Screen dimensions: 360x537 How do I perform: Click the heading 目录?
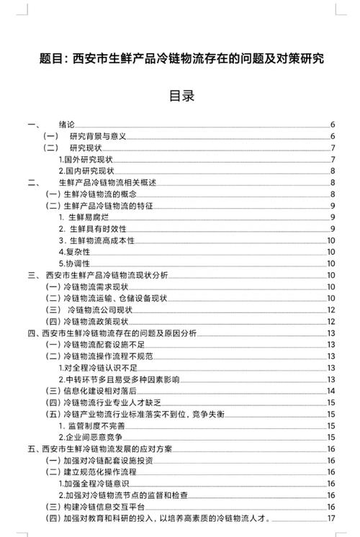coord(181,95)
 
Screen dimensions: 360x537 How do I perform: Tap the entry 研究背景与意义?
coord(97,136)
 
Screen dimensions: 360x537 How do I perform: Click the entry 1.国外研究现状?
coord(87,159)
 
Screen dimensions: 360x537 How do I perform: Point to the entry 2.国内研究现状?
coord(87,171)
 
